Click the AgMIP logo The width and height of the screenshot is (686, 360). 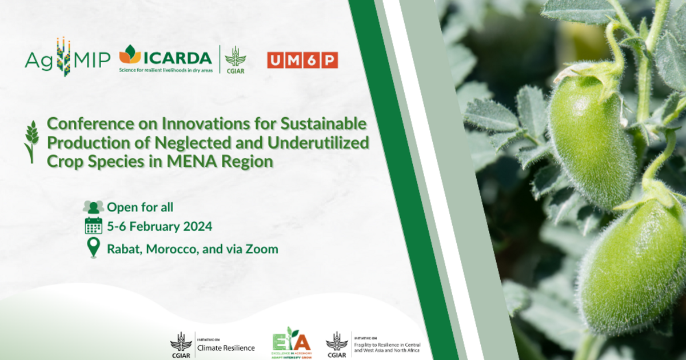pos(67,59)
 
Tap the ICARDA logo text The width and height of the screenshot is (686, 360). pos(177,57)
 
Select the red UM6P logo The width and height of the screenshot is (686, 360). pos(302,60)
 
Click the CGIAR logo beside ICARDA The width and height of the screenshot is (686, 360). pos(235,59)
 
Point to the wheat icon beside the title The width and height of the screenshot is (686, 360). pos(31,141)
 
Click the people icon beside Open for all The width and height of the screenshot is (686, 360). pos(93,207)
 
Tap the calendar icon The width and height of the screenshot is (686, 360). pos(93,226)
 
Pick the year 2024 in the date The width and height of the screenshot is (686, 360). pos(197,226)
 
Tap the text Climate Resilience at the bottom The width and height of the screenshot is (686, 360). pos(226,347)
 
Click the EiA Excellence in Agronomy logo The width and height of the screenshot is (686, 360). pos(292,342)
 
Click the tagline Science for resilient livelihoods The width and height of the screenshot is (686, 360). pos(165,69)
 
